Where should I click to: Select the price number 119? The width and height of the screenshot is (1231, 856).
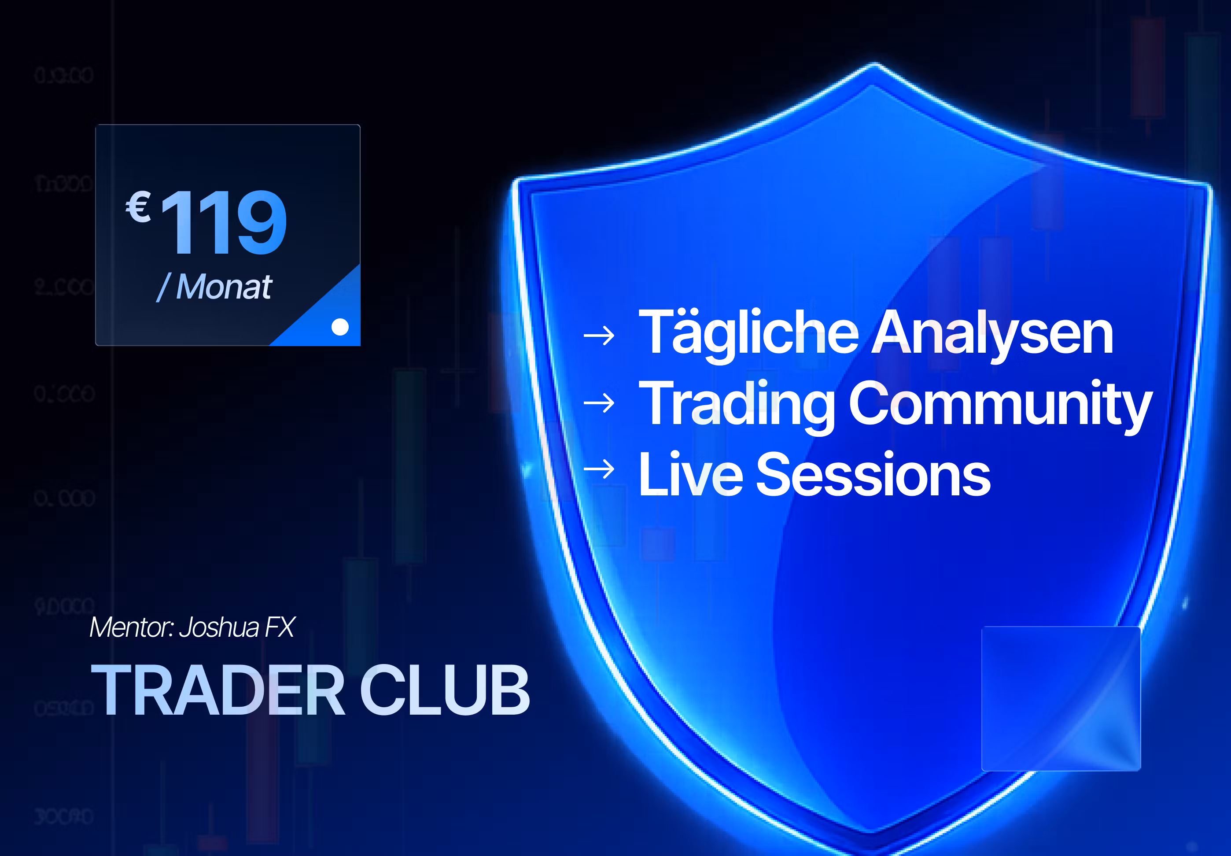pyautogui.click(x=224, y=222)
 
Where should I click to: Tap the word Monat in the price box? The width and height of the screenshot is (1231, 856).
pyautogui.click(x=224, y=287)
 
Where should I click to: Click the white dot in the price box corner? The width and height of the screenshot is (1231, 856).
pyautogui.click(x=340, y=326)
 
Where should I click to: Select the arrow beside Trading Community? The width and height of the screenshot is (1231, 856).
pyautogui.click(x=599, y=403)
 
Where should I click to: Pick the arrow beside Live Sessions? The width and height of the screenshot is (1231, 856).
pyautogui.click(x=599, y=469)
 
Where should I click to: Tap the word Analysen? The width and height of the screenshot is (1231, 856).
pyautogui.click(x=992, y=334)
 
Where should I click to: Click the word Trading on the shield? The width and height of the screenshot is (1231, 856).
pyautogui.click(x=737, y=403)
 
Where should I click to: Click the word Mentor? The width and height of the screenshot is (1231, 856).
pyautogui.click(x=130, y=627)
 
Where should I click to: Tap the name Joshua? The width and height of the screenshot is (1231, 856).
pyautogui.click(x=219, y=627)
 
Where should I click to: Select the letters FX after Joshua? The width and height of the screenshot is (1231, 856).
pyautogui.click(x=280, y=627)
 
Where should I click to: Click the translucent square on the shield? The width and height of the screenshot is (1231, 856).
pyautogui.click(x=1061, y=698)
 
